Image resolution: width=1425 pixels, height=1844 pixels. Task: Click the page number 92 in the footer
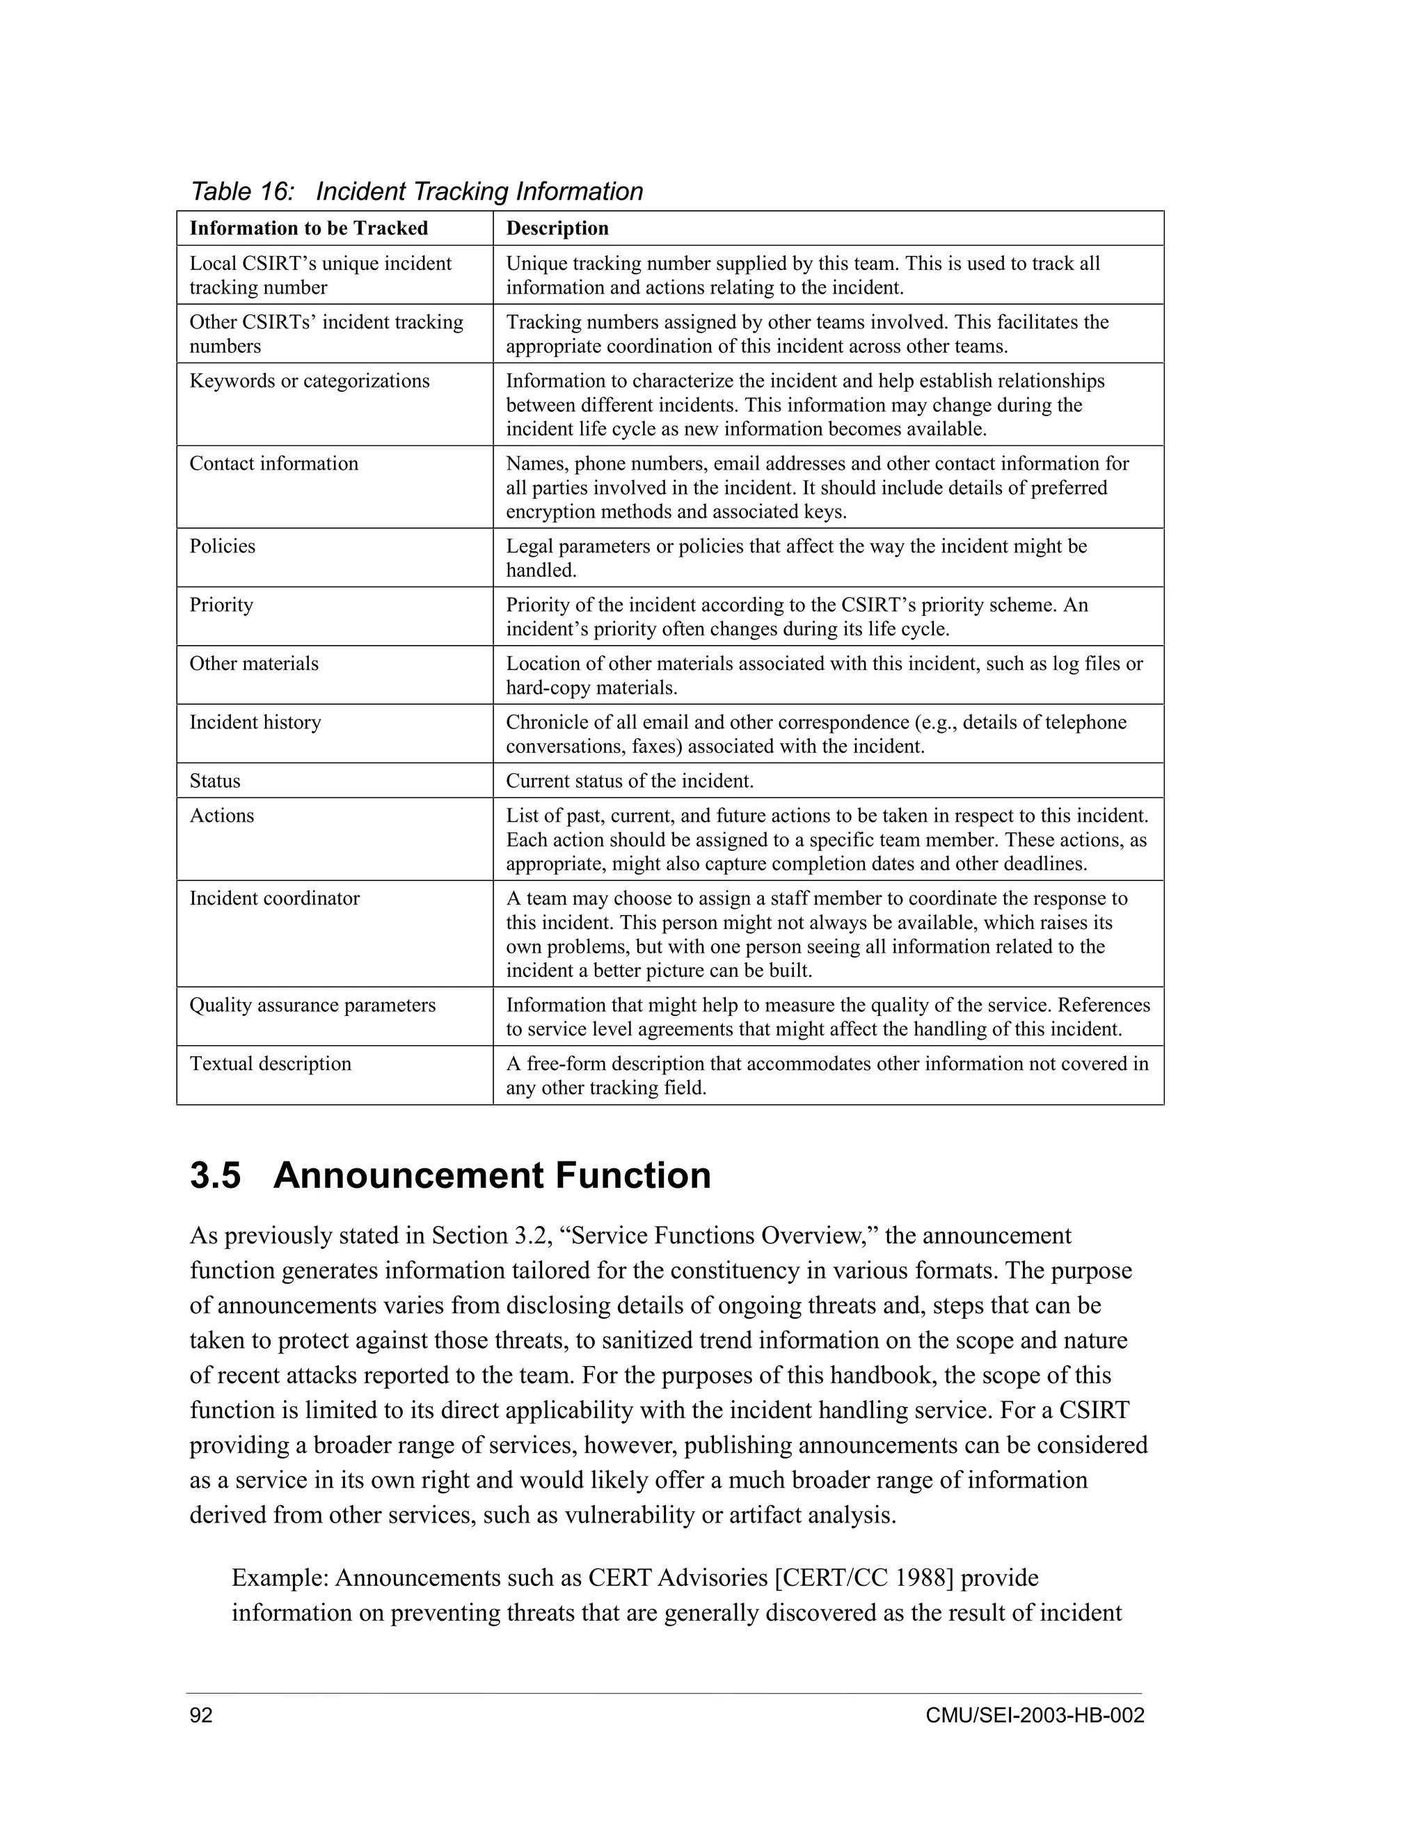click(x=201, y=1716)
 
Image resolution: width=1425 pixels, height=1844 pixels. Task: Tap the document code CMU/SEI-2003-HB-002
click(x=1034, y=1716)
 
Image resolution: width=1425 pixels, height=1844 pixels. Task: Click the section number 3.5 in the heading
click(x=215, y=1175)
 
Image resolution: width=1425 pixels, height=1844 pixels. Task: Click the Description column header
click(x=557, y=228)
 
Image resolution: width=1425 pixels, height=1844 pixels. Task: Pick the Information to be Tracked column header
click(x=308, y=228)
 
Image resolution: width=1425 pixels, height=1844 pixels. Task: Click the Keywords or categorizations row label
click(x=309, y=381)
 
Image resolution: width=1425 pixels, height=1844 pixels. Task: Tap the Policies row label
click(x=222, y=546)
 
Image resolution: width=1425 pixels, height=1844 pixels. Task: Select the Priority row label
click(x=221, y=605)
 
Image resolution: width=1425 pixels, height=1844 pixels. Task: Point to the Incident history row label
click(x=255, y=722)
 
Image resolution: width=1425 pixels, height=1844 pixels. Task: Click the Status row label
click(x=214, y=781)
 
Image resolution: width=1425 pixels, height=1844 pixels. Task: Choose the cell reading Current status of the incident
click(x=629, y=781)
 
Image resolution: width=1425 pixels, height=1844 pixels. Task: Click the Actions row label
click(x=221, y=816)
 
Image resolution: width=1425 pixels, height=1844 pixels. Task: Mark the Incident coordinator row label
click(x=273, y=898)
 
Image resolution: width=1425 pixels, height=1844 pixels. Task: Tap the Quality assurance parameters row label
click(x=312, y=1005)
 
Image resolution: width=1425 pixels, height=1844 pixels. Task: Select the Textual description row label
click(x=270, y=1063)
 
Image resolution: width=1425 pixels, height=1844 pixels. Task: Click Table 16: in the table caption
click(x=242, y=191)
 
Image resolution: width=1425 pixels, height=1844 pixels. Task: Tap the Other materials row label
click(x=253, y=664)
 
